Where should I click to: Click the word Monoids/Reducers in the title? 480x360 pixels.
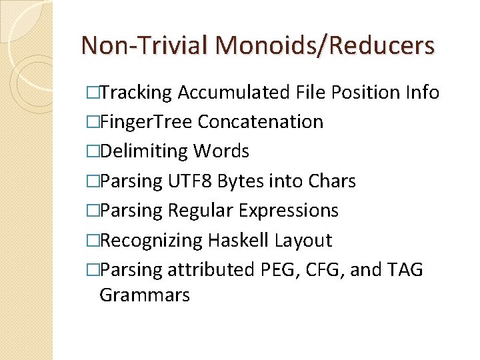[x=325, y=45]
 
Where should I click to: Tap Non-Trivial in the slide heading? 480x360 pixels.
[x=144, y=45]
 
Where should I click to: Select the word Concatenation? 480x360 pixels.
[x=261, y=122]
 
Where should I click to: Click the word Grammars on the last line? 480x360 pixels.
[x=145, y=295]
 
